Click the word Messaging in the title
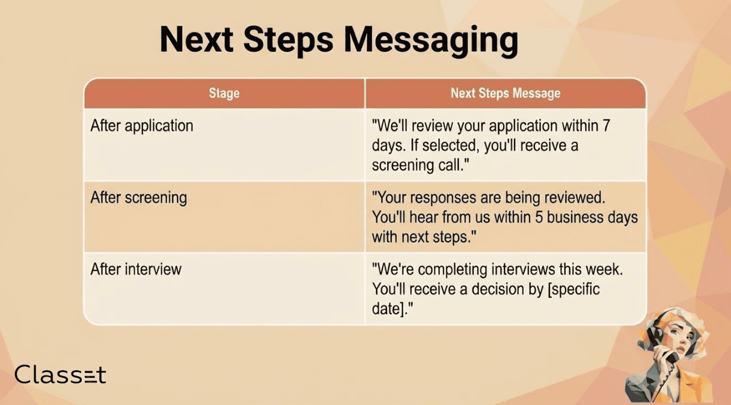[431, 40]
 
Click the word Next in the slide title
[197, 39]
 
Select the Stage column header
[224, 93]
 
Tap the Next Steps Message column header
[506, 93]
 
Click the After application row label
[142, 126]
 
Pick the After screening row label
[139, 198]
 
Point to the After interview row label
[136, 269]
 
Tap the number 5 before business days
[539, 217]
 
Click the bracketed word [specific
[573, 290]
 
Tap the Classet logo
[60, 374]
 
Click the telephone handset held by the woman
[662, 346]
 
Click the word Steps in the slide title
[289, 40]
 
